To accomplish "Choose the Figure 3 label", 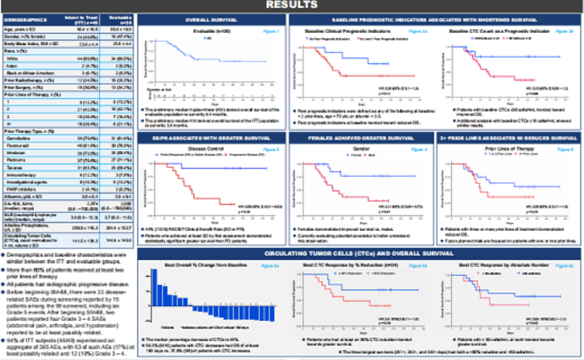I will (274, 150).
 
